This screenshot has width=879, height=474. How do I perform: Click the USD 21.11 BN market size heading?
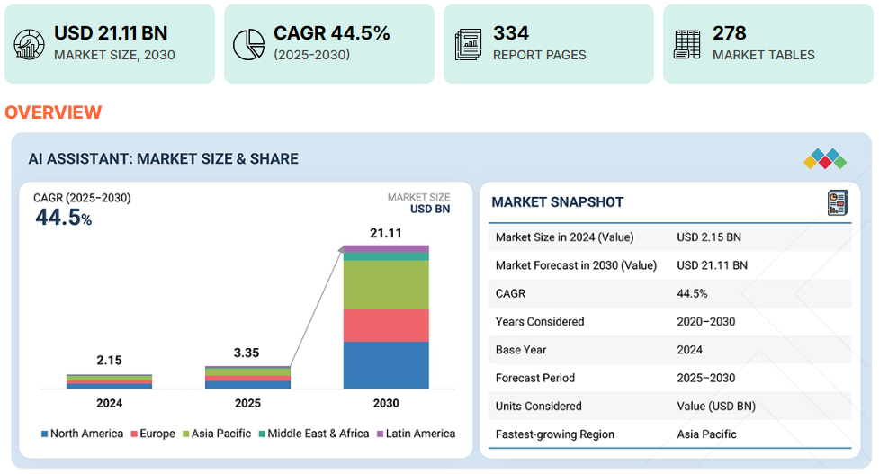[x=111, y=33]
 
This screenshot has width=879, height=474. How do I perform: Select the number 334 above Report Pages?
[x=511, y=33]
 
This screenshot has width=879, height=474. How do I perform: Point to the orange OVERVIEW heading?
[x=53, y=112]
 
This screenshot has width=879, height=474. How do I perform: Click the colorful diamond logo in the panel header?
[x=824, y=159]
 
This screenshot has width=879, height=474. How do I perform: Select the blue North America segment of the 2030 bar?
[x=386, y=364]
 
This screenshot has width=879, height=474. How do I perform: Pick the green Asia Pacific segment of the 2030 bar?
[x=386, y=284]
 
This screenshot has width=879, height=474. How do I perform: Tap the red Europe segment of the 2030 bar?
[x=386, y=325]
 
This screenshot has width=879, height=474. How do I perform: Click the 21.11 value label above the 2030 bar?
[x=386, y=234]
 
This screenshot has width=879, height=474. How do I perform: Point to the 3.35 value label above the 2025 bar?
[x=247, y=353]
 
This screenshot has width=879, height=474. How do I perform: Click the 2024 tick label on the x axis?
[x=109, y=403]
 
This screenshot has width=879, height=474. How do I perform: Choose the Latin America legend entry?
[x=415, y=434]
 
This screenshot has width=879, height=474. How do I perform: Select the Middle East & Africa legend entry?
[x=312, y=434]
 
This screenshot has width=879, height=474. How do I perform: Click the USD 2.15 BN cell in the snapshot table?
[x=709, y=237]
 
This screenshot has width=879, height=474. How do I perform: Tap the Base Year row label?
[x=521, y=350]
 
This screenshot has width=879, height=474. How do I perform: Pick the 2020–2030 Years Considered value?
[x=706, y=322]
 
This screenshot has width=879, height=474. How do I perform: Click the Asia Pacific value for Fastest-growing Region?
[x=706, y=434]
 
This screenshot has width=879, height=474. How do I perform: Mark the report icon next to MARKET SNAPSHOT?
[x=838, y=202]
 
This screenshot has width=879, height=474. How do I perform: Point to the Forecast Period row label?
[x=534, y=378]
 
